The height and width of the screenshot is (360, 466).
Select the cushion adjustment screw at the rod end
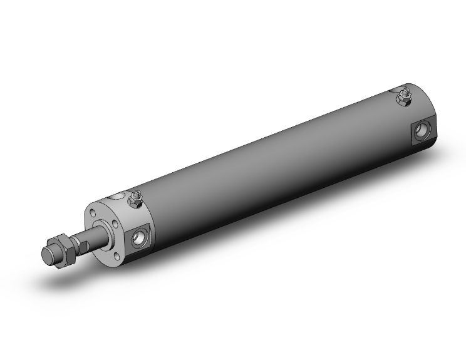pos(134,200)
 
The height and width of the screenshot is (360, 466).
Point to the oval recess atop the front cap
pos(115,198)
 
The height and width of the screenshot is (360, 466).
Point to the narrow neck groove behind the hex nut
pos(75,242)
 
